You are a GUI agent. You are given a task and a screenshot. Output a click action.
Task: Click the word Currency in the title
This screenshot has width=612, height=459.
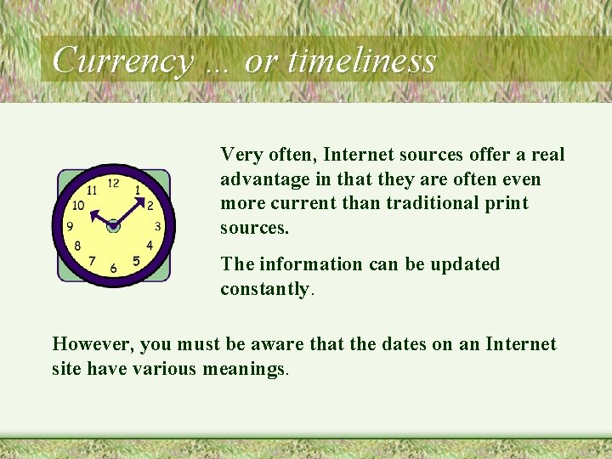click(122, 61)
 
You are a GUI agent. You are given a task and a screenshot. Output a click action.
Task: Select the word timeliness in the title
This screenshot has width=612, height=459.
click(362, 61)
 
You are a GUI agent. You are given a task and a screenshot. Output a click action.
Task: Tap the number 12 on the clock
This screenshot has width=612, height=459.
click(113, 183)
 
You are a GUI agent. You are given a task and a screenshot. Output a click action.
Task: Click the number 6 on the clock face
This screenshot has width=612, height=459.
click(113, 269)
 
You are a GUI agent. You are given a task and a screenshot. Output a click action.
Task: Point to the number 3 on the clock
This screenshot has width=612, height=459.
click(158, 226)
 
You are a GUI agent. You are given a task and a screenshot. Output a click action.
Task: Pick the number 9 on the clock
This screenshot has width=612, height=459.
click(70, 226)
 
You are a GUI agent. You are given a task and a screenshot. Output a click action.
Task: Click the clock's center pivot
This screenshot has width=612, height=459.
click(113, 225)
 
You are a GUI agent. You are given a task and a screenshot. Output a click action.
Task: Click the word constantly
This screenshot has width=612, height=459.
click(264, 289)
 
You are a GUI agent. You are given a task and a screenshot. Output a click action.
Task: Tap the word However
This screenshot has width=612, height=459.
click(91, 344)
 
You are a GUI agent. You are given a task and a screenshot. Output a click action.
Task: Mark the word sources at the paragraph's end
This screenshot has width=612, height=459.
click(253, 228)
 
